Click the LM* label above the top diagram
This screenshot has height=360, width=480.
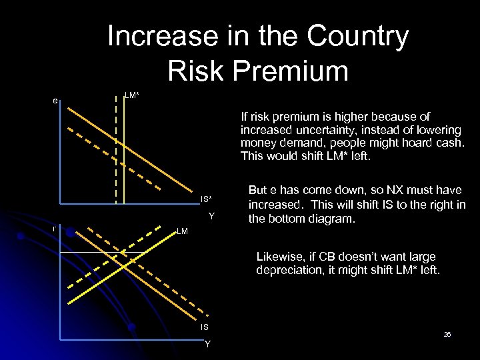click(132, 96)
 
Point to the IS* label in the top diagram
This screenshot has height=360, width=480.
click(206, 199)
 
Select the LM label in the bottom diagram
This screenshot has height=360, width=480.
click(182, 231)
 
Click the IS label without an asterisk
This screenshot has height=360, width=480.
click(205, 327)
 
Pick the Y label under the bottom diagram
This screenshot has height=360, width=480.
click(208, 344)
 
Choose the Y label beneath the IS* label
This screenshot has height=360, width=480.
click(211, 216)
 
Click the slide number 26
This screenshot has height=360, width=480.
click(447, 334)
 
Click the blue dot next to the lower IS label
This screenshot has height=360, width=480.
click(132, 327)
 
